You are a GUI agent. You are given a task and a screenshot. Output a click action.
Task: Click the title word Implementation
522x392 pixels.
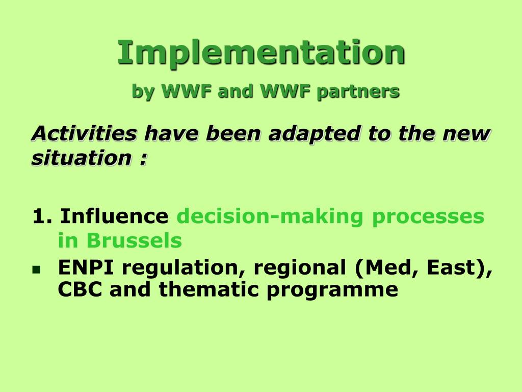tap(262, 53)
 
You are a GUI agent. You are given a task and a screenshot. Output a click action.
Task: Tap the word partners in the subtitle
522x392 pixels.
tap(358, 91)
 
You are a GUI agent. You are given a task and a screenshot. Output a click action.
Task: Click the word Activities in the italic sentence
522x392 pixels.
tap(84, 133)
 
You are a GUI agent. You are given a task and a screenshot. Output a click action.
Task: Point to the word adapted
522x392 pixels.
tap(315, 134)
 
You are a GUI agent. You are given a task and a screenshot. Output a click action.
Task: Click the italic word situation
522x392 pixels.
tap(82, 158)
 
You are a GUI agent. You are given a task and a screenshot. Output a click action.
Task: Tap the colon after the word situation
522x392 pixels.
tap(143, 159)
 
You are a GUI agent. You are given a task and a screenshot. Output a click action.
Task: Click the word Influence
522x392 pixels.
tap(114, 216)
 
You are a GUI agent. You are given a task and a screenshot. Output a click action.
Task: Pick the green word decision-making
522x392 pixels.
tap(269, 217)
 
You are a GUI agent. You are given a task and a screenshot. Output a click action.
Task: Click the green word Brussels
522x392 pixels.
tap(134, 240)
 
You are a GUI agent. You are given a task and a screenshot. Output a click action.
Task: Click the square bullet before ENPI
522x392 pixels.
tap(36, 269)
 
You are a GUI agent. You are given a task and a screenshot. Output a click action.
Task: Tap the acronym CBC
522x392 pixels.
tap(80, 289)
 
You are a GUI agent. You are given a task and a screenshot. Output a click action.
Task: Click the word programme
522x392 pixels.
tap(332, 290)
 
